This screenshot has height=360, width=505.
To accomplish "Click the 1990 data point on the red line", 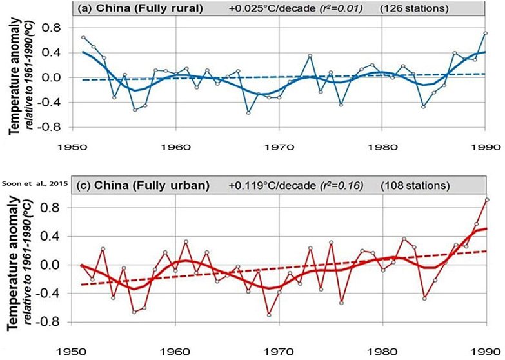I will click(486, 199).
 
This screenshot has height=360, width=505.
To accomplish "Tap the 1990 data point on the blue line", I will click(486, 33).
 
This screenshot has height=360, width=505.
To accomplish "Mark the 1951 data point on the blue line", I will click(83, 38).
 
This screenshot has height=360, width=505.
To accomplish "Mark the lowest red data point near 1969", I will click(268, 315).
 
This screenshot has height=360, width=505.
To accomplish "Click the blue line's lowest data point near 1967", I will click(248, 113).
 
